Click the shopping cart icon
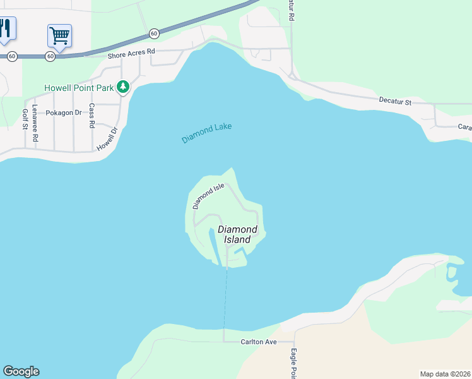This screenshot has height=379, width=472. (59, 35)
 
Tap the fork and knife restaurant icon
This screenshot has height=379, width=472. (6, 28)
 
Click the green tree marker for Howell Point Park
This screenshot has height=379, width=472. (124, 87)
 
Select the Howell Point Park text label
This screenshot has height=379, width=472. (79, 88)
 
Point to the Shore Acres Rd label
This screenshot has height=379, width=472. (131, 55)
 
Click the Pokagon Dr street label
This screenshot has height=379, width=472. (64, 112)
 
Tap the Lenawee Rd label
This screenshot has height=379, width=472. (35, 123)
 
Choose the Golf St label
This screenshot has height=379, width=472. (25, 119)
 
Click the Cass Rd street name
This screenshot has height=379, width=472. (91, 116)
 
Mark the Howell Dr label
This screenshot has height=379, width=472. (107, 139)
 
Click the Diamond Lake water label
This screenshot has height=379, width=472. (206, 133)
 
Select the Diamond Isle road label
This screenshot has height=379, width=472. (208, 196)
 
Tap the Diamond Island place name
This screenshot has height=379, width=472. (237, 234)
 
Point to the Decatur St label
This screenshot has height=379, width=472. (395, 100)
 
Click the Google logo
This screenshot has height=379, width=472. (21, 371)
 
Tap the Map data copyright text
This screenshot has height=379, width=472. (445, 374)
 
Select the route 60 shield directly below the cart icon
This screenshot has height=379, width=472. (50, 56)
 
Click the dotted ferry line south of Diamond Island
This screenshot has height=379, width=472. (225, 297)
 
